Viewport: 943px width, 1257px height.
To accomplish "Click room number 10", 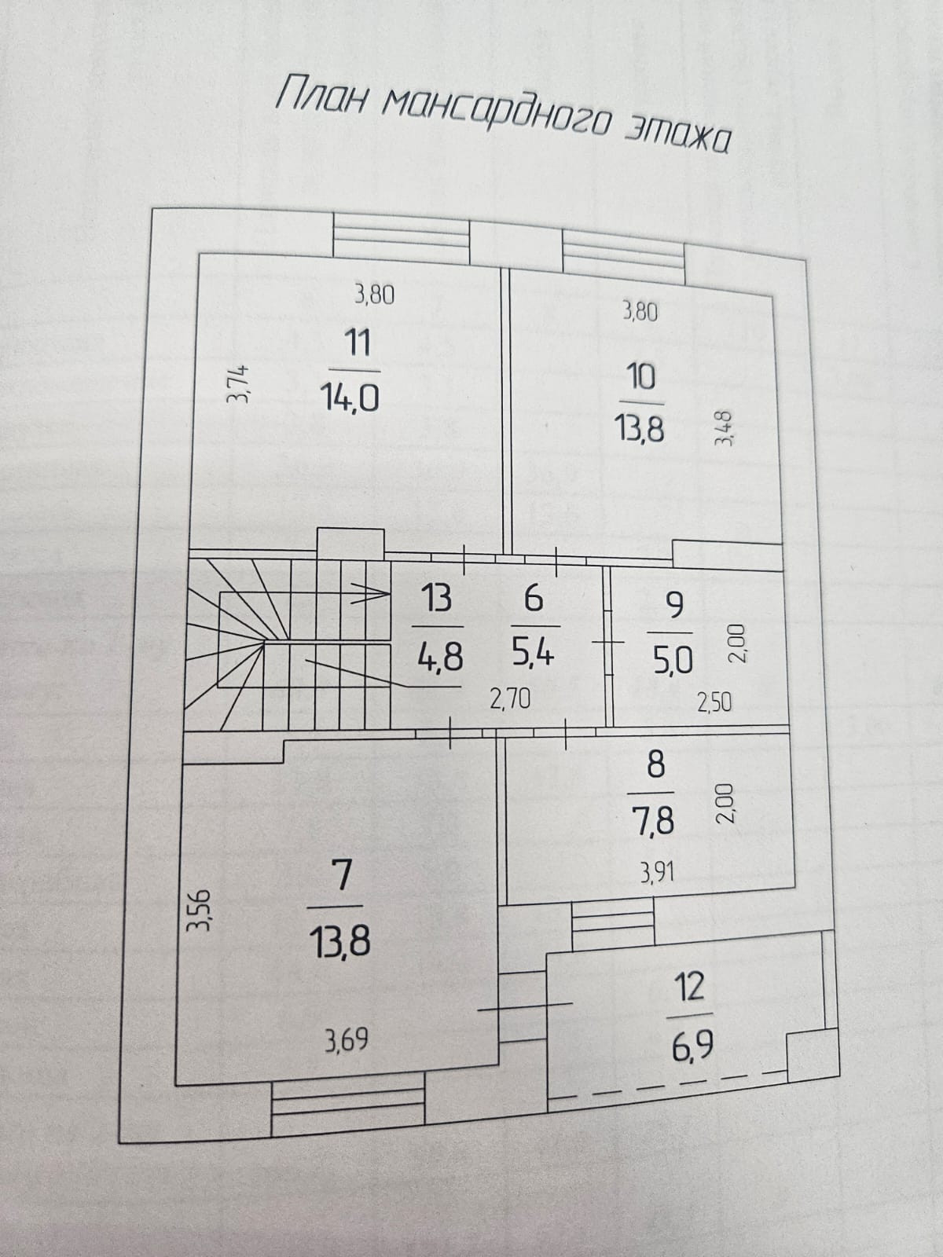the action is click(641, 378).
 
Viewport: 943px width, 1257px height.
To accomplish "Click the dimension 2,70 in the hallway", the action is click(510, 698).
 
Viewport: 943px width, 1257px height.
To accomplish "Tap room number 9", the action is click(673, 605).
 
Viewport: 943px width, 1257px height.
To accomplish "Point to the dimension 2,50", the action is click(714, 702).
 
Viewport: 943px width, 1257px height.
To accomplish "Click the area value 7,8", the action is click(653, 821).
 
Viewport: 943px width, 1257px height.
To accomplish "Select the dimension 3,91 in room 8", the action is click(658, 872).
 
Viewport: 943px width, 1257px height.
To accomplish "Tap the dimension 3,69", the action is click(347, 1043).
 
